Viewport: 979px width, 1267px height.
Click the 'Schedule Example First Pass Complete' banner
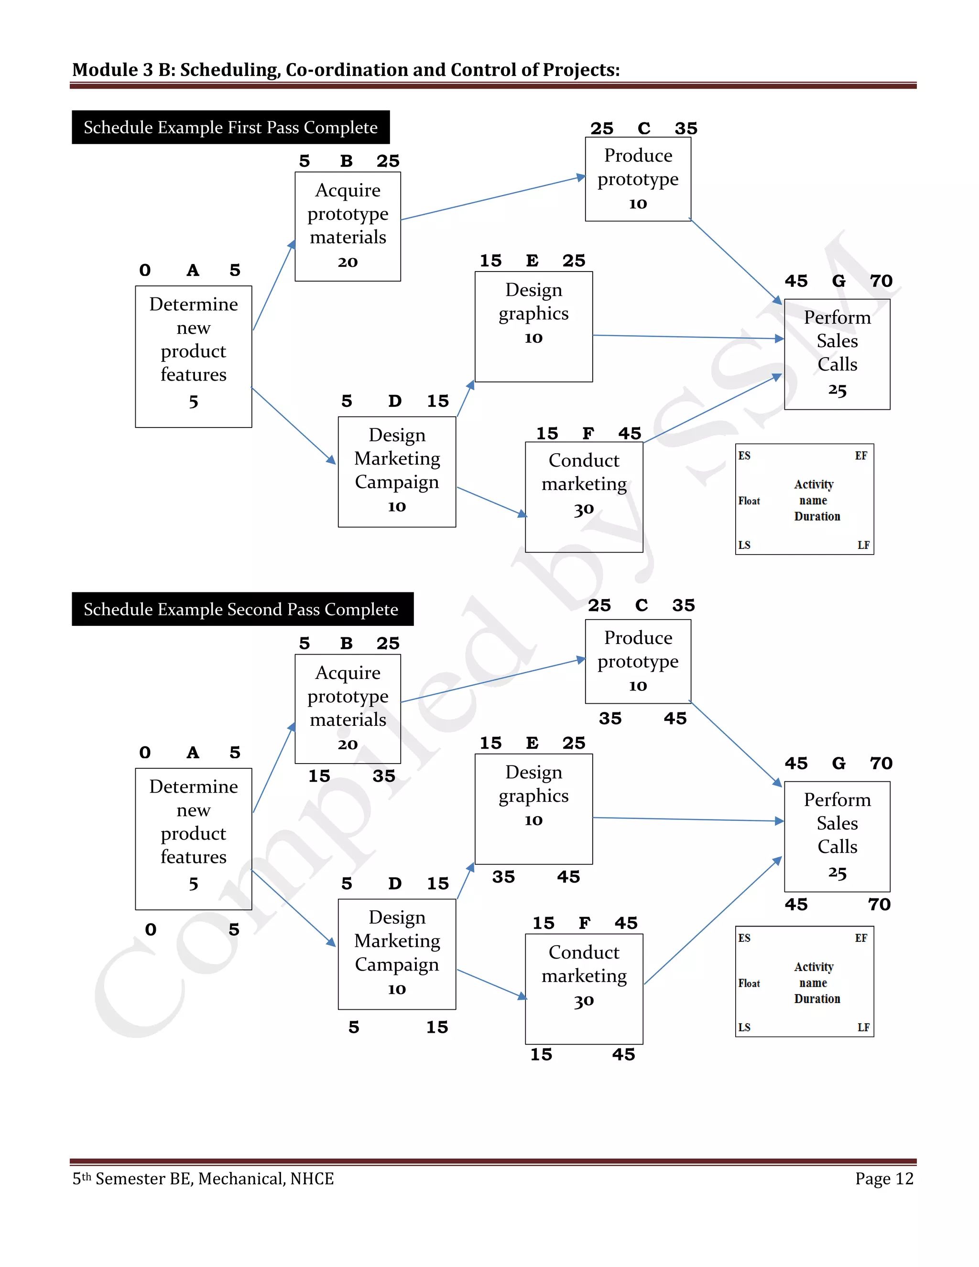click(230, 127)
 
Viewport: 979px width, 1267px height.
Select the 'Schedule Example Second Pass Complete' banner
click(241, 609)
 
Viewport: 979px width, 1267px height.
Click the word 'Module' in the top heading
click(104, 70)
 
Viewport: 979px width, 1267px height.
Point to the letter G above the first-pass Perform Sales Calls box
click(838, 281)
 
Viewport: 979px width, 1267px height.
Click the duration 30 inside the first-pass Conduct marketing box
click(584, 509)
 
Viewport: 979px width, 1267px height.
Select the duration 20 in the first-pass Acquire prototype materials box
click(348, 262)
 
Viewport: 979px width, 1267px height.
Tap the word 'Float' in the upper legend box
click(749, 501)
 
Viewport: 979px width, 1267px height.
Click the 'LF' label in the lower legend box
click(863, 1027)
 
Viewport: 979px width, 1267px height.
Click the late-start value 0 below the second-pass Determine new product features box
click(151, 929)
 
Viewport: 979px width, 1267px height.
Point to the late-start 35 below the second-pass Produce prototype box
click(610, 718)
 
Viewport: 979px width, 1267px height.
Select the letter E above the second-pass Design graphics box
click(532, 743)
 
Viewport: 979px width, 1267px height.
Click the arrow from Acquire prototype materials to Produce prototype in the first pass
click(493, 198)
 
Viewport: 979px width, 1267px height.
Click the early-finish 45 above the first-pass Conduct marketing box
click(629, 433)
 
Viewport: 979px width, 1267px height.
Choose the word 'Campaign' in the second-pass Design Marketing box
click(397, 964)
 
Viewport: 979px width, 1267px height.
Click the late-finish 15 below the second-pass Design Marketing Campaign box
click(437, 1027)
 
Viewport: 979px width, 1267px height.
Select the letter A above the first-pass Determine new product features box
click(193, 270)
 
